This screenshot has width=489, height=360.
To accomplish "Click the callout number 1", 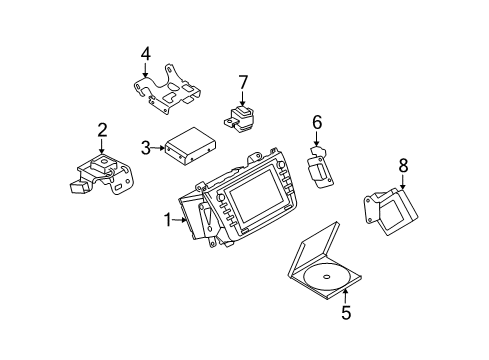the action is (168, 220).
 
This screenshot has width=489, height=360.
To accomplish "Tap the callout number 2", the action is (102, 130).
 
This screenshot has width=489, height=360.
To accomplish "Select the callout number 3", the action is (146, 148).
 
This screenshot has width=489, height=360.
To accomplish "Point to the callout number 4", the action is (145, 54).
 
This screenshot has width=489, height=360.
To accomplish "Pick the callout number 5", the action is (346, 313).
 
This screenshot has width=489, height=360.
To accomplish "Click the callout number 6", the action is (317, 122).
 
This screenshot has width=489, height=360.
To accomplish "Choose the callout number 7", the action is (243, 82).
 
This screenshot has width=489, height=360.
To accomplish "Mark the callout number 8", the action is (403, 165).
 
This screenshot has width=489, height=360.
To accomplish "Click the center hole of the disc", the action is (326, 276).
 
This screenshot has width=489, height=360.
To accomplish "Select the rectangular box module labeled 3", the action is (190, 146).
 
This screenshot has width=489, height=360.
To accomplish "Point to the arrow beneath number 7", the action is (243, 98).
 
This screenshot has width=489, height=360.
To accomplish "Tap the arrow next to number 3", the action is (158, 147).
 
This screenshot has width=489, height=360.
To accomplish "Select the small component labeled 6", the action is (320, 167).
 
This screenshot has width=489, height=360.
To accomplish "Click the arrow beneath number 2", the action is (102, 146).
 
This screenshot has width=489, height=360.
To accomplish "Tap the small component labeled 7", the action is (239, 118).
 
